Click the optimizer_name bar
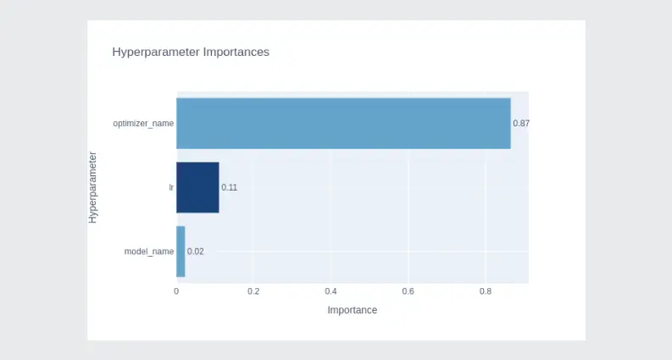(x=343, y=124)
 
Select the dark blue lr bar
(x=197, y=187)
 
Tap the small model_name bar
(x=180, y=252)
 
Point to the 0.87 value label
(x=521, y=124)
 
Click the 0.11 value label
(x=230, y=187)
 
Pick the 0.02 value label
(x=196, y=252)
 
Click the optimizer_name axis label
(x=143, y=124)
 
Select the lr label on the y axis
(x=171, y=187)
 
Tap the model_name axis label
(x=149, y=252)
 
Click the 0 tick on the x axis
(x=176, y=291)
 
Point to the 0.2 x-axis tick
(x=253, y=291)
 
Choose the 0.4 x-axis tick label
(x=330, y=291)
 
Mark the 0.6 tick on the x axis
(x=408, y=291)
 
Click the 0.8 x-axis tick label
(x=486, y=291)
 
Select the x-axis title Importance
(x=353, y=310)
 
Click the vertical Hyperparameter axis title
(x=92, y=187)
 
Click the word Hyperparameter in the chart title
(x=156, y=53)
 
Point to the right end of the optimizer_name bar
(x=511, y=124)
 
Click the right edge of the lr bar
(x=219, y=187)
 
